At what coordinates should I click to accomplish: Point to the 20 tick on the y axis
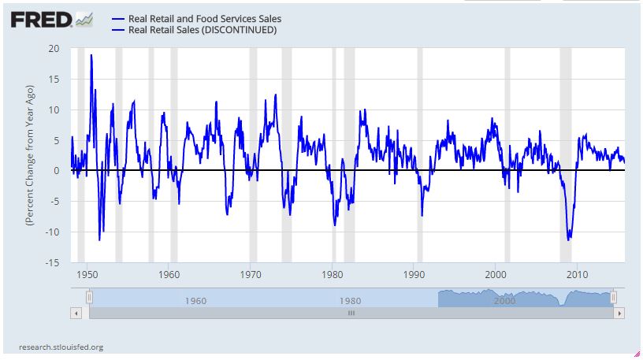point(54,49)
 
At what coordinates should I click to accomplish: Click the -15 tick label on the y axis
point(52,262)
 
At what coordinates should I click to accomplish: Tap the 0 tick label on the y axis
point(57,171)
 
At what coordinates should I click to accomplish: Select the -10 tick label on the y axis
point(52,232)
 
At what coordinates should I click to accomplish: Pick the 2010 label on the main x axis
point(578,275)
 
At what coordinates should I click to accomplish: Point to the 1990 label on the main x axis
point(414,275)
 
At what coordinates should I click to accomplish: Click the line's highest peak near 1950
point(91,55)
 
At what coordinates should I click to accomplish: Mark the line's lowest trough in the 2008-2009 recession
point(568,239)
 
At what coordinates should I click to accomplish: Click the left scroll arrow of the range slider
point(76,313)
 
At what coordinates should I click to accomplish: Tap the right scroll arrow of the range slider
point(619,313)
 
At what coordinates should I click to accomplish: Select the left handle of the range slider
point(89,296)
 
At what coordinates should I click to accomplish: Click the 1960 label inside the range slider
point(195,300)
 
